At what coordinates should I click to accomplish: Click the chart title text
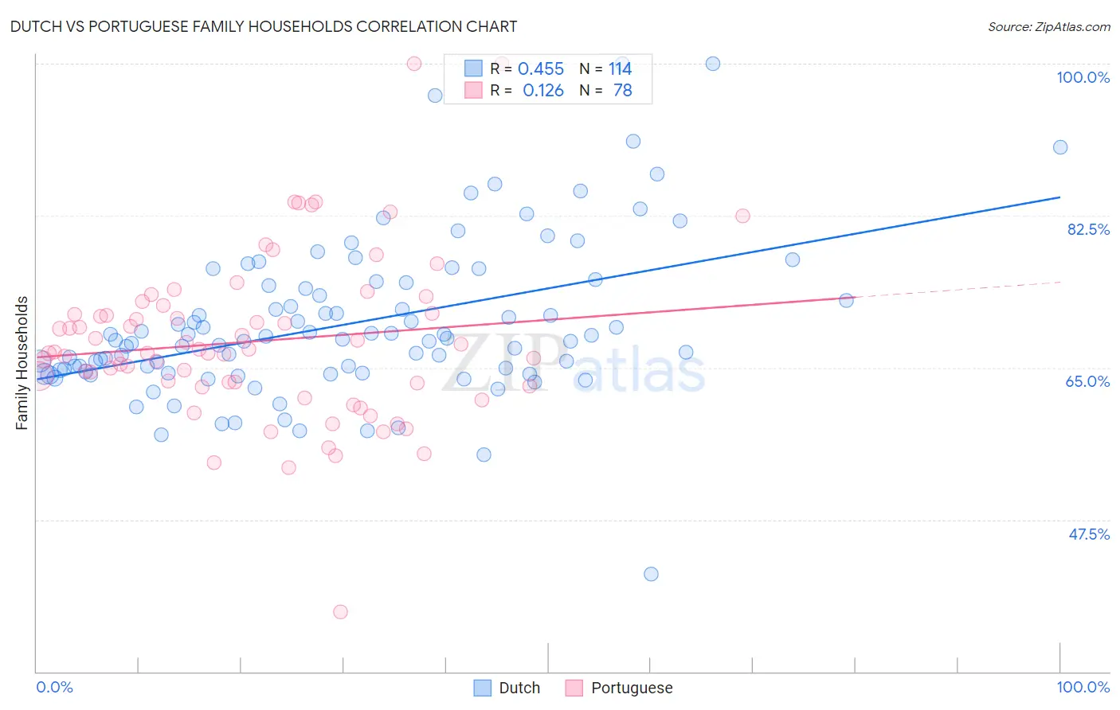pyautogui.click(x=263, y=26)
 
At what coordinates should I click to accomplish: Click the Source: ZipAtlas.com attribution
pyautogui.click(x=1048, y=26)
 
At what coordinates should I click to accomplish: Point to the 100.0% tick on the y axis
pyautogui.click(x=1083, y=77)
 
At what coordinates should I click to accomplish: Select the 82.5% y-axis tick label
pyautogui.click(x=1087, y=229)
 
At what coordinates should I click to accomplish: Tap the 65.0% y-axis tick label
pyautogui.click(x=1087, y=381)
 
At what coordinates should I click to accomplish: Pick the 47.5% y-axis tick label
pyautogui.click(x=1088, y=534)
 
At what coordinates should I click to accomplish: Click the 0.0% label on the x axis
pyautogui.click(x=54, y=687)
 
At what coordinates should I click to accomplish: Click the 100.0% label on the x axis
pyautogui.click(x=1083, y=687)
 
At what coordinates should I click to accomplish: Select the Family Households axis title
pyautogui.click(x=22, y=363)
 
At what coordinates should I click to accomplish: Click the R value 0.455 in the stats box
pyautogui.click(x=541, y=69)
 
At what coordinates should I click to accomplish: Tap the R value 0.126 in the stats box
pyautogui.click(x=542, y=91)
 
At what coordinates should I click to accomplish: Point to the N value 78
pyautogui.click(x=622, y=91)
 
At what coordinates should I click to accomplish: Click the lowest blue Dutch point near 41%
pyautogui.click(x=651, y=574)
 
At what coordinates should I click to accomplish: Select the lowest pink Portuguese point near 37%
pyautogui.click(x=340, y=611)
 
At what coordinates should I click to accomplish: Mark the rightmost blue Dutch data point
pyautogui.click(x=1059, y=147)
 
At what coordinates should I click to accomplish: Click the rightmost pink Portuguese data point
pyautogui.click(x=742, y=216)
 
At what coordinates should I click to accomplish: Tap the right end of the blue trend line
pyautogui.click(x=1059, y=197)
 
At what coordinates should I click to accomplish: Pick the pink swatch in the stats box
pyautogui.click(x=473, y=90)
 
